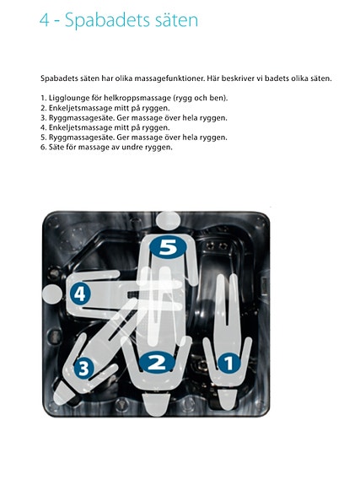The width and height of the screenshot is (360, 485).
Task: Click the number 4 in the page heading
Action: (x=46, y=19)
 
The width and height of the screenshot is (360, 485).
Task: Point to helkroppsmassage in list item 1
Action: (x=131, y=99)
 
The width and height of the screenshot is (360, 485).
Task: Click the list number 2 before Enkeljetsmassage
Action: (x=42, y=108)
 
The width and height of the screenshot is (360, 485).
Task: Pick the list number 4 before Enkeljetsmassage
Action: (x=42, y=128)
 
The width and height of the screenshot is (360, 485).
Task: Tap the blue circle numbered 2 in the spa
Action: (x=156, y=364)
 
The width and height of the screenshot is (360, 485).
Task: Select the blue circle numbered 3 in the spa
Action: (x=83, y=368)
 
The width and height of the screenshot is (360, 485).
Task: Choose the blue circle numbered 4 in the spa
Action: (x=80, y=294)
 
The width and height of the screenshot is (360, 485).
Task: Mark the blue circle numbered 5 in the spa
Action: (x=168, y=247)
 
